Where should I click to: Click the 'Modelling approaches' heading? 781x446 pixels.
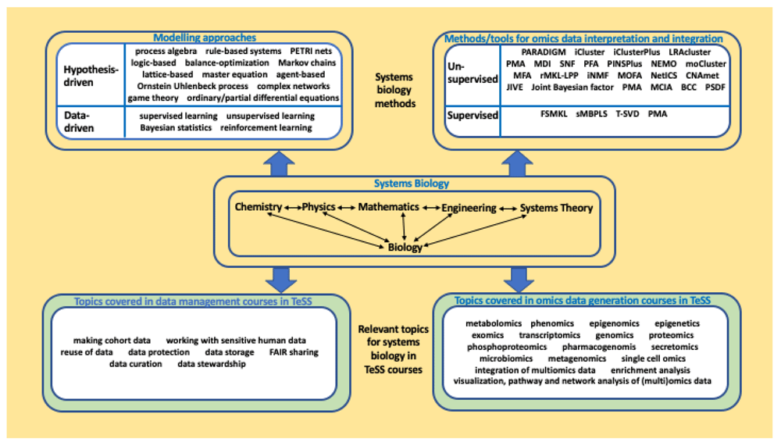tap(204, 37)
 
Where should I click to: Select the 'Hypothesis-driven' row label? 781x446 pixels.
tap(91, 76)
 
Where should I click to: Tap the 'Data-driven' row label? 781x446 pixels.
tap(79, 122)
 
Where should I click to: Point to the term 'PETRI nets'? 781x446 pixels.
tap(311, 51)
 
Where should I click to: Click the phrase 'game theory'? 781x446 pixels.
tap(153, 98)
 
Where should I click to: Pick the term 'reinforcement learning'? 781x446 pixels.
tap(266, 127)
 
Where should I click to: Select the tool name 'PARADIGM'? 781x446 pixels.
tap(544, 52)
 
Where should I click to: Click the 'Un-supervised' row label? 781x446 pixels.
tap(473, 73)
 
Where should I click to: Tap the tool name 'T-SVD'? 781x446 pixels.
tap(627, 113)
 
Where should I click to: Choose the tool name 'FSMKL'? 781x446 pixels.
tap(554, 113)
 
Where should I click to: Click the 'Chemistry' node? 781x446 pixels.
tap(258, 207)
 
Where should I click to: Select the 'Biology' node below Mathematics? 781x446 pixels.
tap(405, 247)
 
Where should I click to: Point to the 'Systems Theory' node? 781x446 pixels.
tap(556, 208)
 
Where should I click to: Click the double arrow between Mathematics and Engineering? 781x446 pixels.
tap(431, 208)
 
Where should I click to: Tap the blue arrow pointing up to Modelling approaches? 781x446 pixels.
tap(279, 163)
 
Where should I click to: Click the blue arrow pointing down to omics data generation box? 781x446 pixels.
tap(519, 280)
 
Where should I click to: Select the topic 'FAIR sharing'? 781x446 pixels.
tap(294, 351)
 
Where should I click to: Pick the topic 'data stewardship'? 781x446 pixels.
tap(212, 364)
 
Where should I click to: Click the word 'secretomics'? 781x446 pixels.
tap(675, 347)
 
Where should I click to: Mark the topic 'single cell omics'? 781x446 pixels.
tap(653, 359)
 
